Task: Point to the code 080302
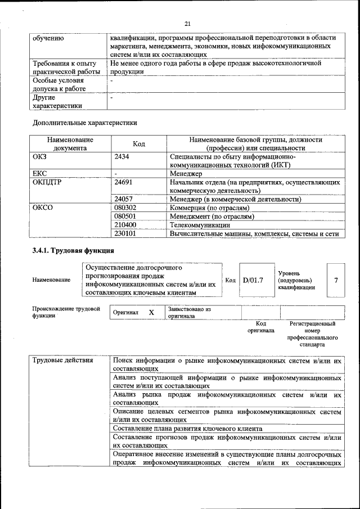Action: click(125, 208)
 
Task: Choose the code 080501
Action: click(125, 216)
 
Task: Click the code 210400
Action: click(125, 224)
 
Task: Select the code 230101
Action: click(125, 233)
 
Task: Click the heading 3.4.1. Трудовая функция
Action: click(74, 250)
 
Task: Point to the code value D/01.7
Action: click(253, 280)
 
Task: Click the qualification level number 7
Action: click(336, 280)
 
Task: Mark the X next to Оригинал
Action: click(151, 312)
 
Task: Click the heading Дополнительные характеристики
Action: click(84, 122)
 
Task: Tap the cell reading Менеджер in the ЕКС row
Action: click(186, 174)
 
